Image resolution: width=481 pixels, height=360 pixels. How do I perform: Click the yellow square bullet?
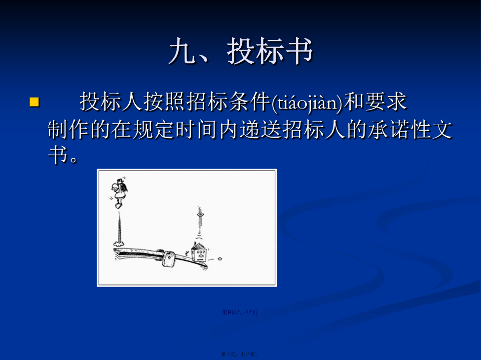[35, 102]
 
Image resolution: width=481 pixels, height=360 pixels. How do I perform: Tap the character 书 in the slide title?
[297, 51]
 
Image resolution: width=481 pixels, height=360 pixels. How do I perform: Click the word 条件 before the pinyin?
[250, 102]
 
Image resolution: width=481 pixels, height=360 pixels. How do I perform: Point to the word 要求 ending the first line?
[386, 102]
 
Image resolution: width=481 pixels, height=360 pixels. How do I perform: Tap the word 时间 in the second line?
[197, 129]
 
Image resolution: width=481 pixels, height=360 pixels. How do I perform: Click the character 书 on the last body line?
[58, 154]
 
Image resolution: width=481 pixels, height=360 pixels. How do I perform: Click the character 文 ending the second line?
[443, 129]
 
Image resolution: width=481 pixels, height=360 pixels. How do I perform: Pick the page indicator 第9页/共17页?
[240, 312]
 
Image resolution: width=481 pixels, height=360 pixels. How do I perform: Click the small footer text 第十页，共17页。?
[240, 354]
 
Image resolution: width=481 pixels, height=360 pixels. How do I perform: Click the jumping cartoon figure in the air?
[119, 192]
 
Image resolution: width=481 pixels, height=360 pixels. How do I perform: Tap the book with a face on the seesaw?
[199, 252]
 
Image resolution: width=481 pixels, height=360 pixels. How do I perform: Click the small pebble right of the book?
[220, 259]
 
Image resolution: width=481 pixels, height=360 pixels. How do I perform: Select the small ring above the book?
[200, 216]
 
